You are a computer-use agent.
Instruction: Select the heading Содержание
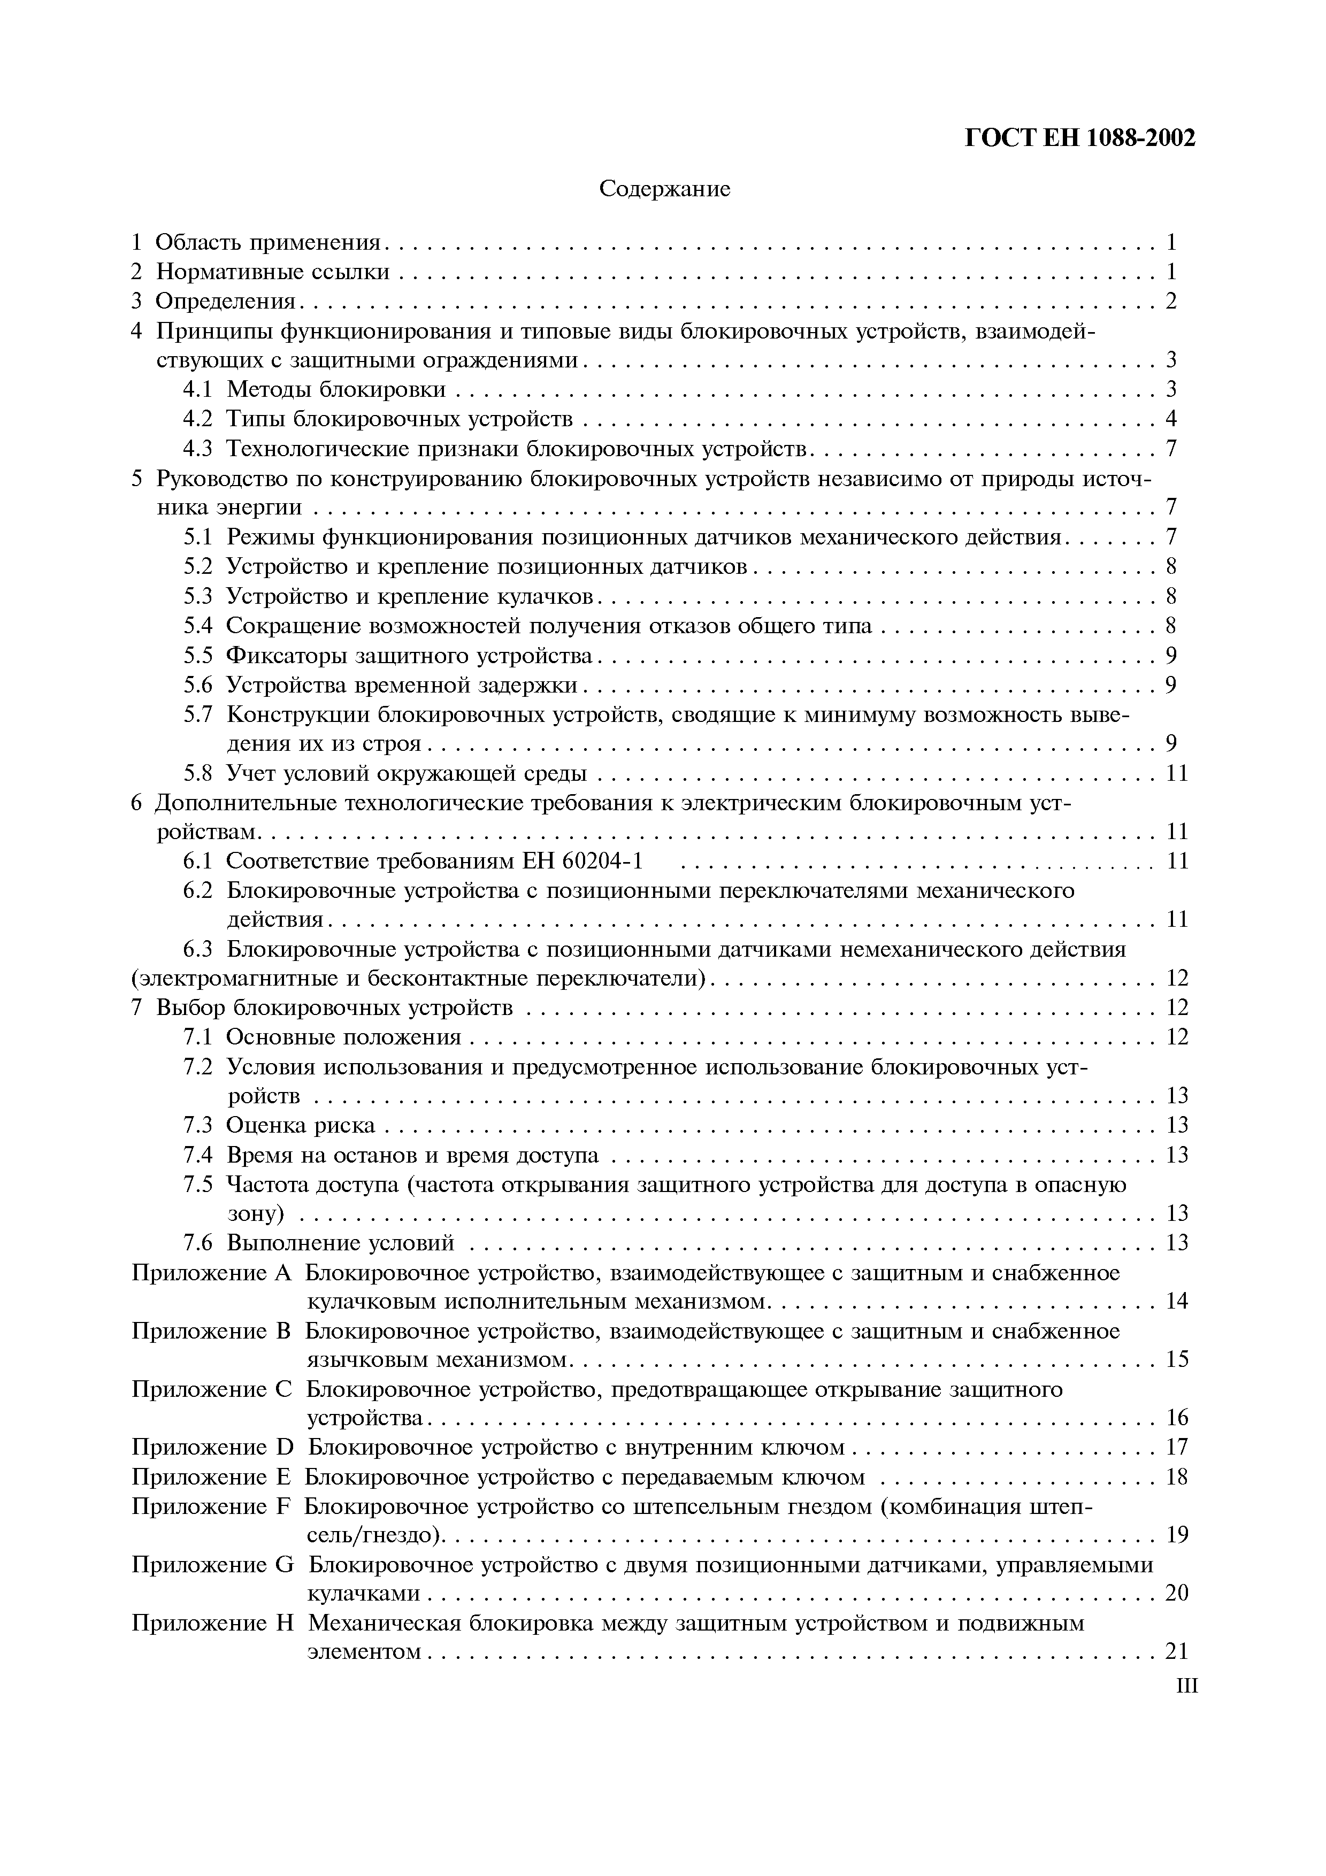pyautogui.click(x=664, y=189)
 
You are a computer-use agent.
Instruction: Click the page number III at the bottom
pyautogui.click(x=1187, y=1686)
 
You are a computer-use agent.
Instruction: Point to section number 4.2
pyautogui.click(x=198, y=419)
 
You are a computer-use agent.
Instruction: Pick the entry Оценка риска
pyautogui.click(x=300, y=1126)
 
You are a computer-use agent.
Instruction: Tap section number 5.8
pyautogui.click(x=198, y=773)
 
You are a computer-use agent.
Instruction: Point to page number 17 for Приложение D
pyautogui.click(x=1176, y=1448)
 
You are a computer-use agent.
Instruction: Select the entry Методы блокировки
pyautogui.click(x=336, y=390)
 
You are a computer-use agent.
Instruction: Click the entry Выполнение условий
pyautogui.click(x=339, y=1243)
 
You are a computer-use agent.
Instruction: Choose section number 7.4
pyautogui.click(x=198, y=1155)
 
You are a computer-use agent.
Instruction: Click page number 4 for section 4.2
pyautogui.click(x=1171, y=419)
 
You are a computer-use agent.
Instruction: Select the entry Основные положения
pyautogui.click(x=343, y=1037)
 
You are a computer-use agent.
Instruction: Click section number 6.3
pyautogui.click(x=198, y=949)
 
